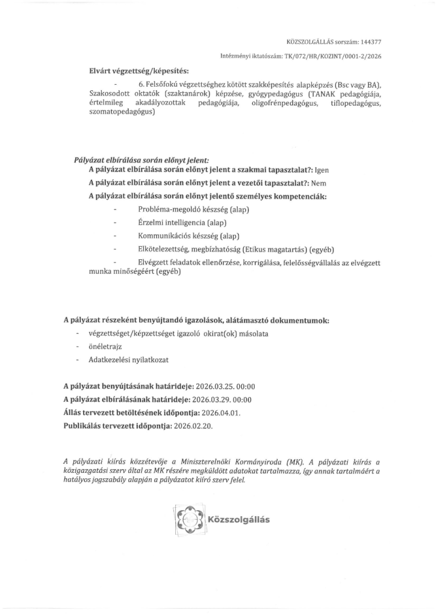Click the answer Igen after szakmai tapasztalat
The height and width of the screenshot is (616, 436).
pyautogui.click(x=322, y=170)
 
